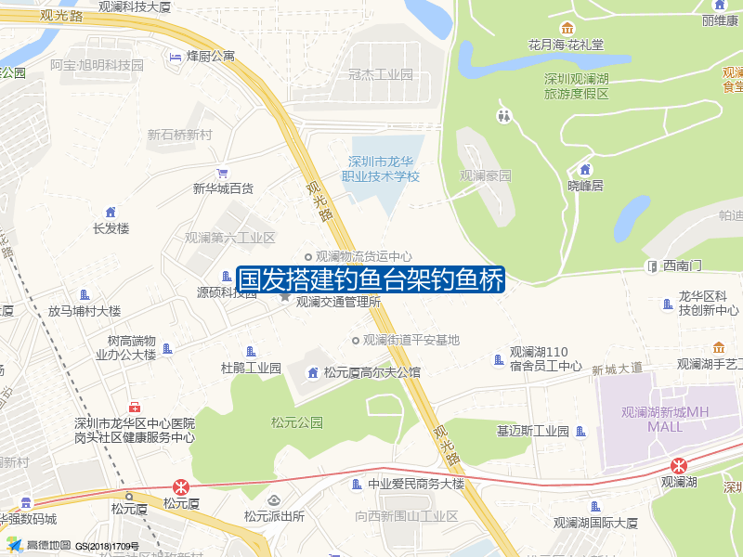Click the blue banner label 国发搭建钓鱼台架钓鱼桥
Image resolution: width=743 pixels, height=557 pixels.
coord(371,279)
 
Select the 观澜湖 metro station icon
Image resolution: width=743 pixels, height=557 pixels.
coord(680,465)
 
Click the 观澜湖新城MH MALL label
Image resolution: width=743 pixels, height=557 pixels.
coord(665,420)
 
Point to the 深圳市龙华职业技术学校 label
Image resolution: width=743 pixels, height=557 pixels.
coord(381,169)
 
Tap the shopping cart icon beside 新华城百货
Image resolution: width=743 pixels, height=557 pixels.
coord(222,173)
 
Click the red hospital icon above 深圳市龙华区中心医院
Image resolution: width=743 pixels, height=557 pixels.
coord(136,407)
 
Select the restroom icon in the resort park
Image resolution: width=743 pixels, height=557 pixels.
coord(504,116)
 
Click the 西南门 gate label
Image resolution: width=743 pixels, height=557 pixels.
coord(683,266)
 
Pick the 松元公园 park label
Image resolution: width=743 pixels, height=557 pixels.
coord(296,422)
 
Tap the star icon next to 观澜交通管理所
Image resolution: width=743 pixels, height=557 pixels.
coord(285,296)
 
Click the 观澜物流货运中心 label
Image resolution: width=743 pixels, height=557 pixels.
coord(363,256)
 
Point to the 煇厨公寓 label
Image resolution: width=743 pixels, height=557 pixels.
coord(211,57)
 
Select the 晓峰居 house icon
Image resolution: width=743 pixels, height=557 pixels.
coord(585,169)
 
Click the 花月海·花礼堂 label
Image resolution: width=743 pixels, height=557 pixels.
coord(567,44)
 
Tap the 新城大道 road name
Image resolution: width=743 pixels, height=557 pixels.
coord(617,369)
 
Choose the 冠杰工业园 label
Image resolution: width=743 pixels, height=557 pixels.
coord(380,74)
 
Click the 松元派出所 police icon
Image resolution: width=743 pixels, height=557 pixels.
coord(273,500)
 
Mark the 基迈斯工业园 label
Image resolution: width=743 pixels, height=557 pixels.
coord(533,431)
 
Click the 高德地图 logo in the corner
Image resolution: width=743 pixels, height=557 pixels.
coord(39,545)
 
